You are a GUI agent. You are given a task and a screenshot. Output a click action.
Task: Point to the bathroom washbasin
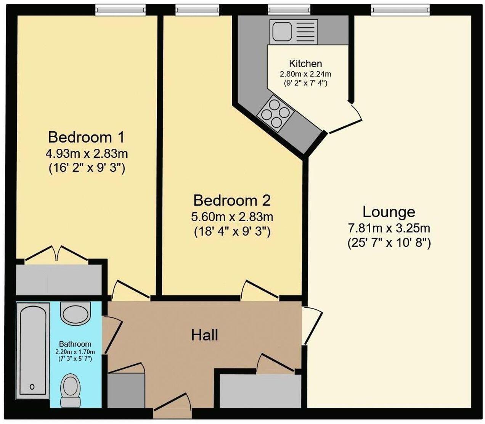(x=76, y=314)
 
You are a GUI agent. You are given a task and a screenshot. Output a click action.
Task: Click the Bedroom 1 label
(x=87, y=137)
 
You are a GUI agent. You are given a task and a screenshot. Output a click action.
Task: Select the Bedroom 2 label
(x=232, y=200)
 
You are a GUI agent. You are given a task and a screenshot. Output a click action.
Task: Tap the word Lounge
(x=389, y=212)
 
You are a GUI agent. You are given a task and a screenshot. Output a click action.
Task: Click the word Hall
(x=205, y=335)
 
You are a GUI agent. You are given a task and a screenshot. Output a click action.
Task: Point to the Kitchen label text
(x=305, y=64)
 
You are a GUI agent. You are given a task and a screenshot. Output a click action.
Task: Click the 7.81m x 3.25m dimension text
(x=389, y=228)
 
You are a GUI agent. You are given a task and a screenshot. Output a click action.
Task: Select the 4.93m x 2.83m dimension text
(x=87, y=154)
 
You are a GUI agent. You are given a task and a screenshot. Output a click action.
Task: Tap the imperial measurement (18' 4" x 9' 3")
(x=232, y=231)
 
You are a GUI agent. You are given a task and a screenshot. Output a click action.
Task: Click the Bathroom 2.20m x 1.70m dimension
(x=75, y=352)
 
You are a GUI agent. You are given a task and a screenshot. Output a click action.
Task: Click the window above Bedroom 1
(x=120, y=10)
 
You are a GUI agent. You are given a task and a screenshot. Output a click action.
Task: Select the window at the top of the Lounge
(x=400, y=10)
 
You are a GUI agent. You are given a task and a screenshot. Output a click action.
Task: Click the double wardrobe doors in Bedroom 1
(x=57, y=254)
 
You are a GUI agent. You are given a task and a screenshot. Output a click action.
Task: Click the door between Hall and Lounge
(x=312, y=325)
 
